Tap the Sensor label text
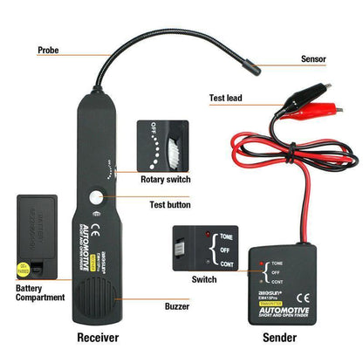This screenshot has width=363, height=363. click(313, 59)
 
